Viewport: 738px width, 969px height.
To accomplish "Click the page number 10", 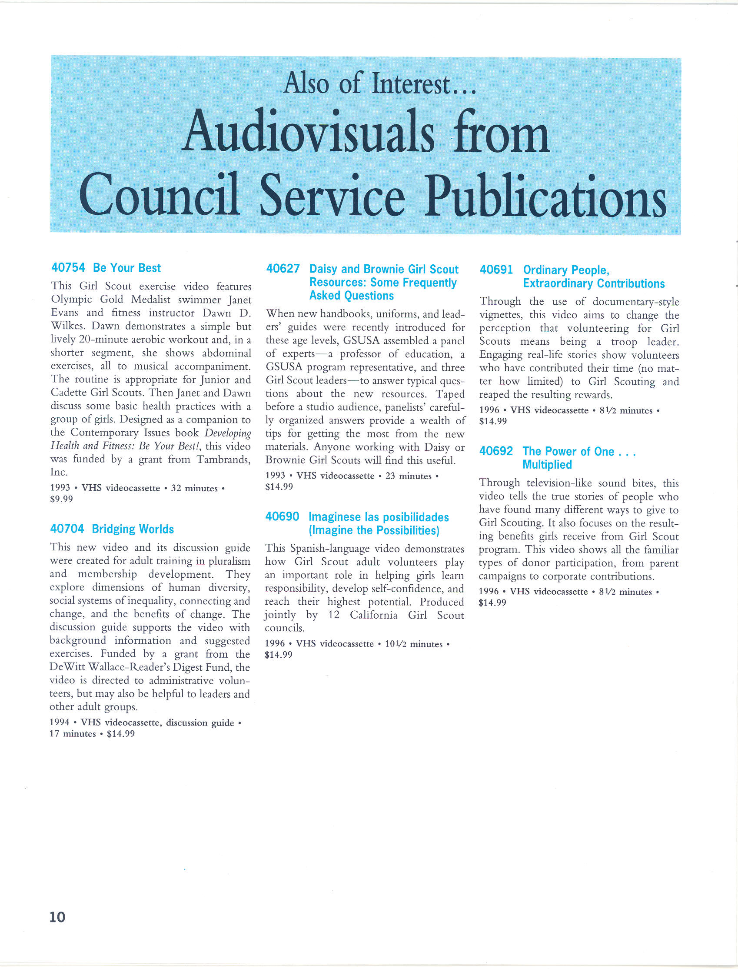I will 57,917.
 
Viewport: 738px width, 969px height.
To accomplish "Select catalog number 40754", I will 68,267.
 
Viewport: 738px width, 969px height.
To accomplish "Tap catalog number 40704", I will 67,529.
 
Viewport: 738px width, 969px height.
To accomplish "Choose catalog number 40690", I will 282,516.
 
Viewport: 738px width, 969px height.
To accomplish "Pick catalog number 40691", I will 496,270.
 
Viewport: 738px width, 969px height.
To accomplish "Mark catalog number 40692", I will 496,451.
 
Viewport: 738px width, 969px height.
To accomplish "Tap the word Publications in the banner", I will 545,196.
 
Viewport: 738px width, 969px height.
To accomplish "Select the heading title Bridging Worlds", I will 133,529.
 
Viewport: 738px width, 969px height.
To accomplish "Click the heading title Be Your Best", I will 126,267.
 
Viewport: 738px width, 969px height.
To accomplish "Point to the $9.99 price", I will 62,499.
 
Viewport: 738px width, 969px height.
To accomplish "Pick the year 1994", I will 59,723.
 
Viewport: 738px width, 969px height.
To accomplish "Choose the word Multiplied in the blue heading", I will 547,465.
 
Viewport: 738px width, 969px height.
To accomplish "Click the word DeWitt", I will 66,667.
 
